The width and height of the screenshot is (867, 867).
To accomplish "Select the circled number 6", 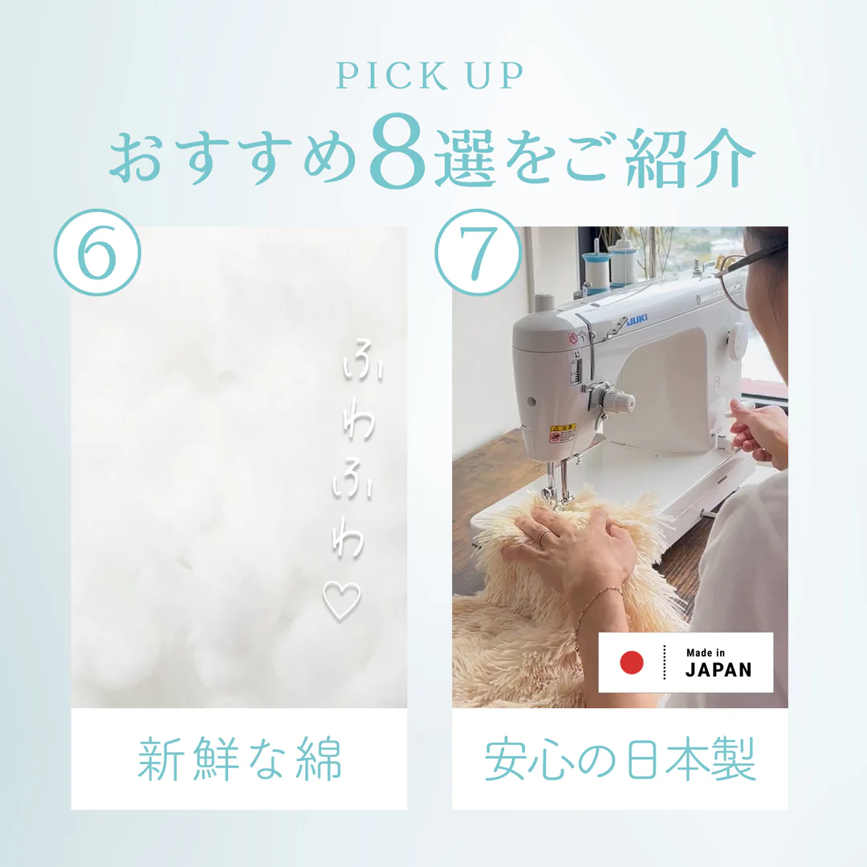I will point(97,252).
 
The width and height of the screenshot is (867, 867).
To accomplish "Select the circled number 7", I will point(478,252).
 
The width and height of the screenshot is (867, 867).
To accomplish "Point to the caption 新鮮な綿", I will point(239,759).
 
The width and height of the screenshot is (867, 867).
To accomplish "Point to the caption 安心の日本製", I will point(620,759).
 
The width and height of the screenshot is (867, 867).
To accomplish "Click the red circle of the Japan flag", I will point(632,662).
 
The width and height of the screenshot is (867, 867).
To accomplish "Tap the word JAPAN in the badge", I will point(718,670).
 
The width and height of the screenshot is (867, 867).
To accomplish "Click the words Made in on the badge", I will point(706,652).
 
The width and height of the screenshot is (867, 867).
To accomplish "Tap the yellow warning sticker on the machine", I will point(562,433).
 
